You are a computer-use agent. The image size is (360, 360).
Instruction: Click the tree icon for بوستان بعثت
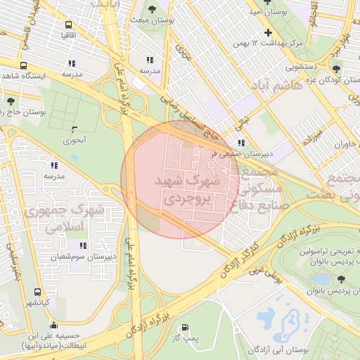coord(152,9)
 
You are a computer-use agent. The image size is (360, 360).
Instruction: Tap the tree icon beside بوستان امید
coord(252,11)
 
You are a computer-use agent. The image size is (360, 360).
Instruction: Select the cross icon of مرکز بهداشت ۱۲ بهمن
coord(267,32)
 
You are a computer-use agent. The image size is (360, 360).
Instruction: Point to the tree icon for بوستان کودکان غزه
coord(337,68)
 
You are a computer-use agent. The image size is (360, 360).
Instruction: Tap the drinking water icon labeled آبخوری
coord(75,129)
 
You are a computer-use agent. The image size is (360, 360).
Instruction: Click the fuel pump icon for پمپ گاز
coord(185,327)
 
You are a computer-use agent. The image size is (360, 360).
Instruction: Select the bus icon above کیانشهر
coord(37,292)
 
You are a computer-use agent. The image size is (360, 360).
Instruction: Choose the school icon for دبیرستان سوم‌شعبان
coord(83,245)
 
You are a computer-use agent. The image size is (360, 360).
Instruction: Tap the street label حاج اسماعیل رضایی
coord(191,117)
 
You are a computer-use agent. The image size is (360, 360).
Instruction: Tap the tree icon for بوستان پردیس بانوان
coord(341,279)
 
